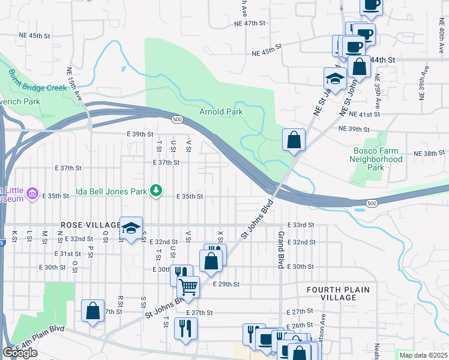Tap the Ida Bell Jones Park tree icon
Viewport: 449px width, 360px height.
pos(157,191)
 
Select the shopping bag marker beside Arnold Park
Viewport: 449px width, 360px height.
pos(294,140)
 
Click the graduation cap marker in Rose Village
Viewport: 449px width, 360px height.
pos(131,227)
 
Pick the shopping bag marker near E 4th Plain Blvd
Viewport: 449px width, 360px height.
pos(92,311)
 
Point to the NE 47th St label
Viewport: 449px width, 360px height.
pos(249,23)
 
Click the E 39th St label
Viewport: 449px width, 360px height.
pos(140,134)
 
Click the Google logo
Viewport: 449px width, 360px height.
pos(20,353)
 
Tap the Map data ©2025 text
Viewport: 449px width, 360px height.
pos(423,355)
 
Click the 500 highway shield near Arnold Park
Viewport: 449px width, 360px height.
pos(177,120)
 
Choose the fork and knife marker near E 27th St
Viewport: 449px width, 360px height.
pos(185,328)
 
